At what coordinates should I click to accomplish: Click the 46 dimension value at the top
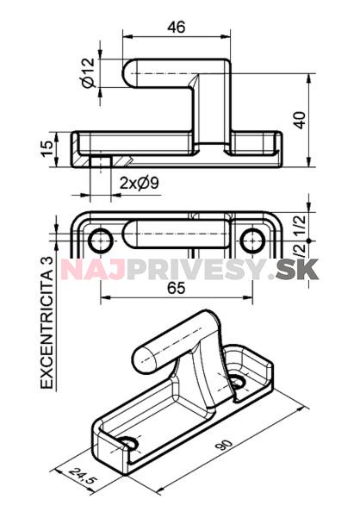coord(177,27)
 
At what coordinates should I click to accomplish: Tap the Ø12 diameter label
coord(89,73)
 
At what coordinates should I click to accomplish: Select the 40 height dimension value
coord(300,120)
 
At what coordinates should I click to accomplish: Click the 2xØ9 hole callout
coord(139,183)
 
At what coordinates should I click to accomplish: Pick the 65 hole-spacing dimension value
coord(177,288)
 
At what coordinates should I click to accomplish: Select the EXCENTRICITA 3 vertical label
coord(47,322)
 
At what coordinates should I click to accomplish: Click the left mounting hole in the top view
coord(100,240)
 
